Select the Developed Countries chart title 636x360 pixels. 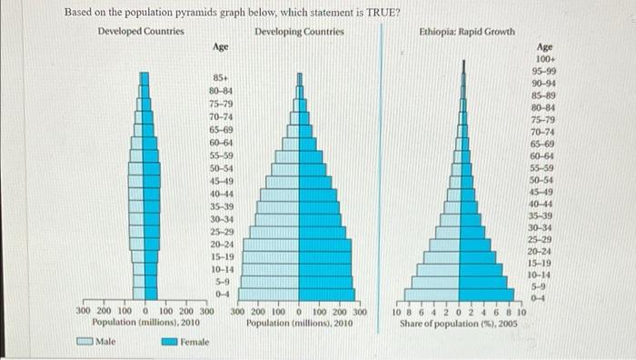point(140,32)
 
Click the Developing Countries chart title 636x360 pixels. point(299,32)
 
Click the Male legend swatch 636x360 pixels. point(85,342)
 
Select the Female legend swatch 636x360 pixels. point(170,342)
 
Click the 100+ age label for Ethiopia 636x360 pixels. point(545,57)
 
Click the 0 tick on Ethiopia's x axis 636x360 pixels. point(463,312)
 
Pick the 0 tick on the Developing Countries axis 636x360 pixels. point(299,312)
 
